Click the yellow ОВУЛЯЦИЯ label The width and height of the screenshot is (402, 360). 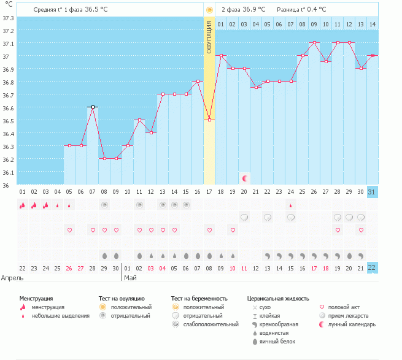pyautogui.click(x=209, y=37)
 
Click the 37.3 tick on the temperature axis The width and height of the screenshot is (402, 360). pyautogui.click(x=8, y=18)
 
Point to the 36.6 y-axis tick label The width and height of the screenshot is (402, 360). pyautogui.click(x=8, y=108)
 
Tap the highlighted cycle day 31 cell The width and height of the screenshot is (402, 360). pyautogui.click(x=371, y=191)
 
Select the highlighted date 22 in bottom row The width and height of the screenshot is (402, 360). pyautogui.click(x=371, y=267)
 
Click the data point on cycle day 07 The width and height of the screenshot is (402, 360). pyautogui.click(x=93, y=107)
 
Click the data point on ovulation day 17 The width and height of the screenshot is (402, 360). pyautogui.click(x=209, y=120)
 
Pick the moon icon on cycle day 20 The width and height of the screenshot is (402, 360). pyautogui.click(x=245, y=178)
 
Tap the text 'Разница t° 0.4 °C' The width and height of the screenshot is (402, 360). pyautogui.click(x=301, y=10)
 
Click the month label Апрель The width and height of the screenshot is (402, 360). pyautogui.click(x=12, y=278)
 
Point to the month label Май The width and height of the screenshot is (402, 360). pyautogui.click(x=130, y=278)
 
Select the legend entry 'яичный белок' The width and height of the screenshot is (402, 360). pyautogui.click(x=277, y=341)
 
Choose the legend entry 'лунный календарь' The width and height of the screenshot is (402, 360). pyautogui.click(x=352, y=324)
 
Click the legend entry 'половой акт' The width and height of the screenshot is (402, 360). pyautogui.click(x=343, y=307)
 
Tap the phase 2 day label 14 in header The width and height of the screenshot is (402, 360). pyautogui.click(x=372, y=24)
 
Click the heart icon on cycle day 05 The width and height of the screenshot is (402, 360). pyautogui.click(x=69, y=230)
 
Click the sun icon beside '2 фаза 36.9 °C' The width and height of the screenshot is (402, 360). pyautogui.click(x=209, y=10)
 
